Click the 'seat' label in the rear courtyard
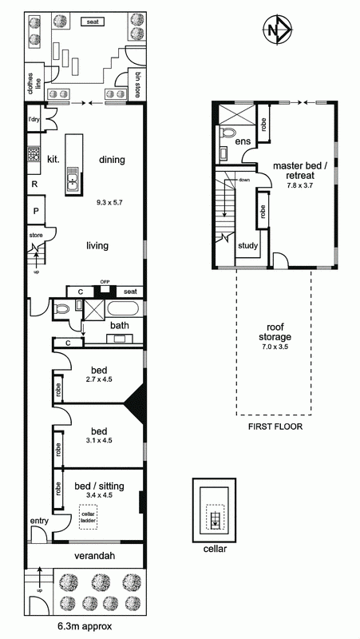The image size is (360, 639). (x=93, y=22)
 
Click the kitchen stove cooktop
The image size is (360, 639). (x=33, y=153)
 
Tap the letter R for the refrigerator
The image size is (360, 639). (x=35, y=184)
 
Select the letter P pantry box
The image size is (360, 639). (x=36, y=211)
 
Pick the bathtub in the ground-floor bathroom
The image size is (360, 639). (x=123, y=308)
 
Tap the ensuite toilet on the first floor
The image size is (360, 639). (x=227, y=133)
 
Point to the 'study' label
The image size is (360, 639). (x=247, y=246)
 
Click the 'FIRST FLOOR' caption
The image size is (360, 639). (x=275, y=427)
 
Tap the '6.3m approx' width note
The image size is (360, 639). (x=85, y=626)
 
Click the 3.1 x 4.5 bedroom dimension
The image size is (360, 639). (x=99, y=440)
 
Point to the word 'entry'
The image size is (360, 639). (x=39, y=521)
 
